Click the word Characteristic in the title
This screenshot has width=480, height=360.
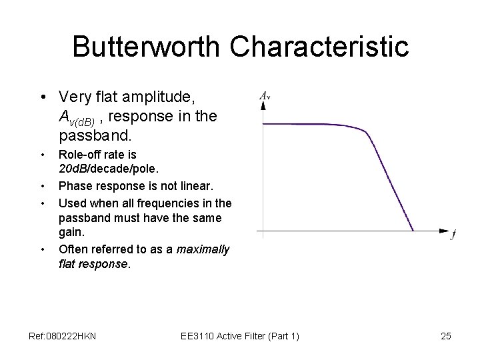[321, 47]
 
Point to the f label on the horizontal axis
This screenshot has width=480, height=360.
[453, 235]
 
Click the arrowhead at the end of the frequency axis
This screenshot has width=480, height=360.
[445, 231]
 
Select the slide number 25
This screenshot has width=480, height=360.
[446, 336]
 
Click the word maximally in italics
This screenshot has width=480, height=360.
[203, 249]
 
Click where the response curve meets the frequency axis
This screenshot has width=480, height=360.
[414, 231]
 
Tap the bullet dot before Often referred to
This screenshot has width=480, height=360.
[43, 250]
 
